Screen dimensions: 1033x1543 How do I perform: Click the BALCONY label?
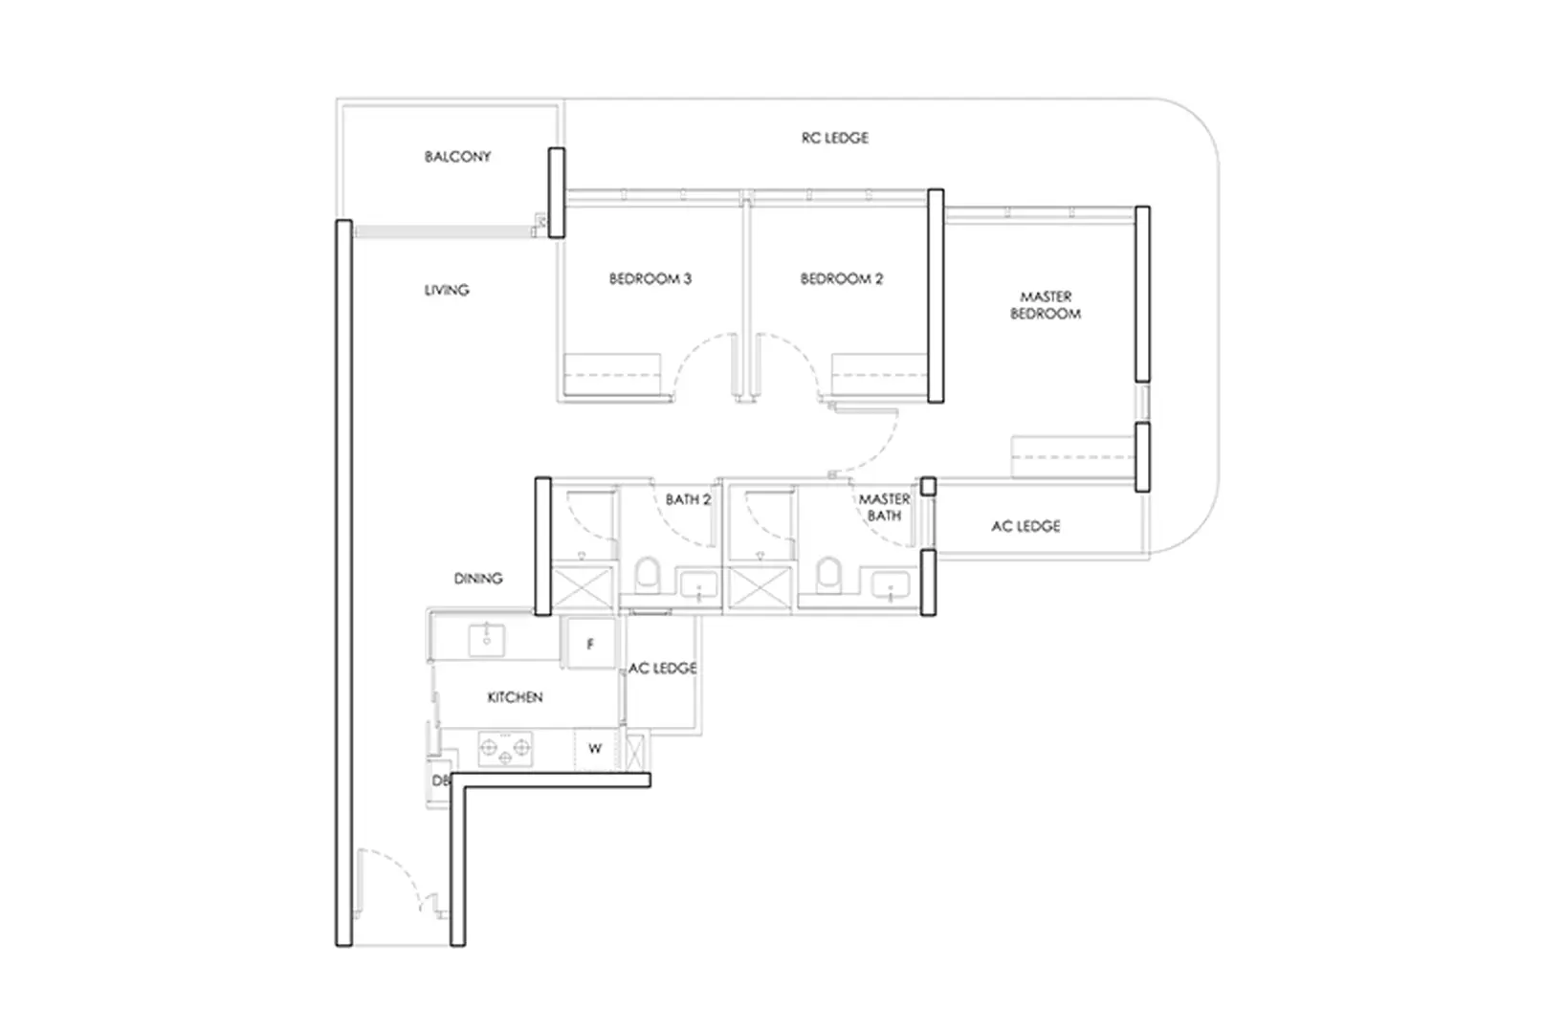pos(457,156)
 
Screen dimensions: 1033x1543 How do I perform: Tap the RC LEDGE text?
pos(834,138)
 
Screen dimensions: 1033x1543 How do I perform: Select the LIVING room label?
pos(447,290)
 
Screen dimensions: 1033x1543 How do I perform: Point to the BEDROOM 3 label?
pos(650,279)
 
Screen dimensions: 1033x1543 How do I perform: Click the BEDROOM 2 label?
pos(841,279)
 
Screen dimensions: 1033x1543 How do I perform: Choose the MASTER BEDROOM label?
pos(1045,305)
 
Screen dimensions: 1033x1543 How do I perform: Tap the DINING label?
pos(477,579)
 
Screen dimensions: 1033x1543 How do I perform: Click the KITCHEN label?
pos(515,697)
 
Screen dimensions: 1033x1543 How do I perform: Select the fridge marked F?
pos(589,644)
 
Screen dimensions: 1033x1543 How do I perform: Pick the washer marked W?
pos(594,748)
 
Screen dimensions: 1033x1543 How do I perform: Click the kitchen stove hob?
pos(505,748)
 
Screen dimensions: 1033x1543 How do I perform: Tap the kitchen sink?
pos(487,638)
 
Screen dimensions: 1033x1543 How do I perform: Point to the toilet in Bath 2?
pos(647,576)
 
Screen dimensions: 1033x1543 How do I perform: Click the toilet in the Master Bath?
pos(827,576)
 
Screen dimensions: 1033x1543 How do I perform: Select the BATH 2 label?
pos(688,499)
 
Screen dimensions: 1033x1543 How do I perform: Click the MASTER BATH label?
pos(884,507)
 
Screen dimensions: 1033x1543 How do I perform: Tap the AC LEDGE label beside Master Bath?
pos(1025,526)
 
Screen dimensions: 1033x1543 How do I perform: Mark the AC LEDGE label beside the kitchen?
pos(662,668)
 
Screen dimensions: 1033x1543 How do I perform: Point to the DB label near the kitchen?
pos(440,780)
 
